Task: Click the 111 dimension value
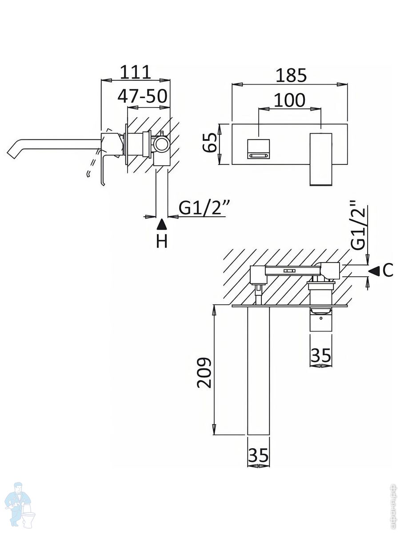[x=136, y=72]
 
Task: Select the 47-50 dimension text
[x=142, y=96]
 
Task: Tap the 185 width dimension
[x=291, y=75]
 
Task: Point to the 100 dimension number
[x=289, y=100]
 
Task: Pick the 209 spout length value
[x=204, y=372]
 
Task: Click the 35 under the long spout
[x=258, y=455]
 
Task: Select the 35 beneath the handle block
[x=320, y=355]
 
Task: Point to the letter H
[x=162, y=241]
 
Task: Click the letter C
[x=388, y=270]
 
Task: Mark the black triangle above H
[x=162, y=224]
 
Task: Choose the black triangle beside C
[x=374, y=270]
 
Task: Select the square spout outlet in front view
[x=258, y=148]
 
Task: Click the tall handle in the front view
[x=320, y=158]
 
